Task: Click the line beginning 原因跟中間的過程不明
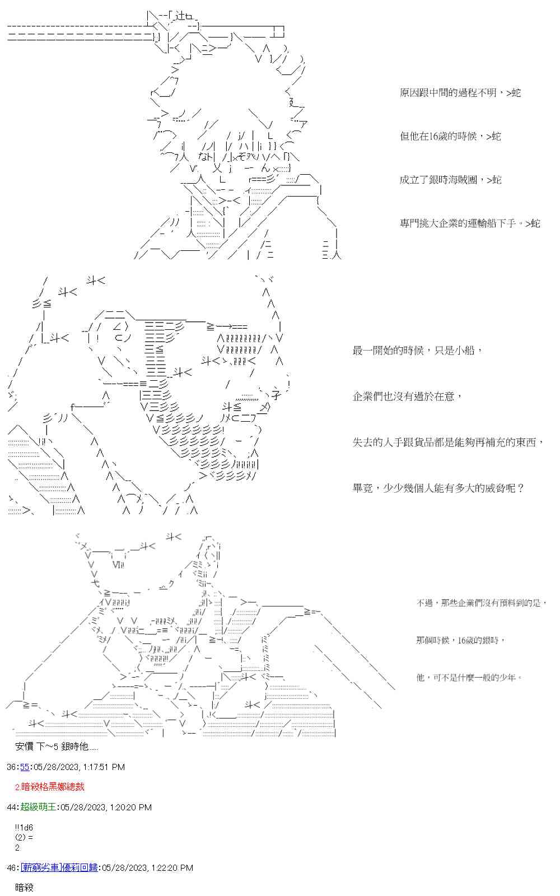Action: pyautogui.click(x=460, y=93)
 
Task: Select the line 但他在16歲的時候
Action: pyautogui.click(x=450, y=136)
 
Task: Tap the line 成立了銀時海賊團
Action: pyautogui.click(x=450, y=180)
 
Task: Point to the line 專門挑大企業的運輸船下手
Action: pyautogui.click(x=469, y=223)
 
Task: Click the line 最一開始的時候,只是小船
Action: pyautogui.click(x=417, y=351)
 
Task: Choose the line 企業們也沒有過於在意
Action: pyautogui.click(x=407, y=396)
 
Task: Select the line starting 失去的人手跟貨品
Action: pyautogui.click(x=448, y=442)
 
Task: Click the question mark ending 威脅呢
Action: pyautogui.click(x=520, y=488)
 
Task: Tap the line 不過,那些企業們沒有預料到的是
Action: pyautogui.click(x=481, y=603)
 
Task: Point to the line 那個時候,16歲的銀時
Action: pyautogui.click(x=460, y=640)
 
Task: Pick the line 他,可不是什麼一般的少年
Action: pyautogui.click(x=469, y=678)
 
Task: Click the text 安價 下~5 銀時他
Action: pyautogui.click(x=57, y=746)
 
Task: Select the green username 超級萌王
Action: pyautogui.click(x=38, y=807)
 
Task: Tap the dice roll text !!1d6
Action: pyautogui.click(x=24, y=828)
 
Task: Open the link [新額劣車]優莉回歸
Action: pyautogui.click(x=59, y=867)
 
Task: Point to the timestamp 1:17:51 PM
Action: pyautogui.click(x=104, y=767)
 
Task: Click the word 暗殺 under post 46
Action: pyautogui.click(x=25, y=888)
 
